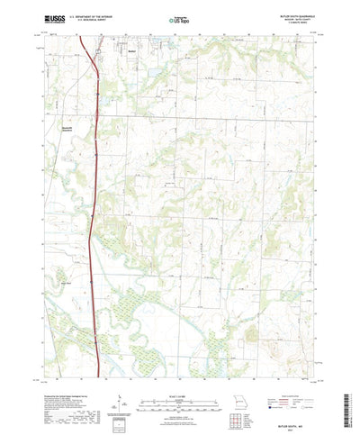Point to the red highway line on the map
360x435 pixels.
[x=94, y=180]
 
